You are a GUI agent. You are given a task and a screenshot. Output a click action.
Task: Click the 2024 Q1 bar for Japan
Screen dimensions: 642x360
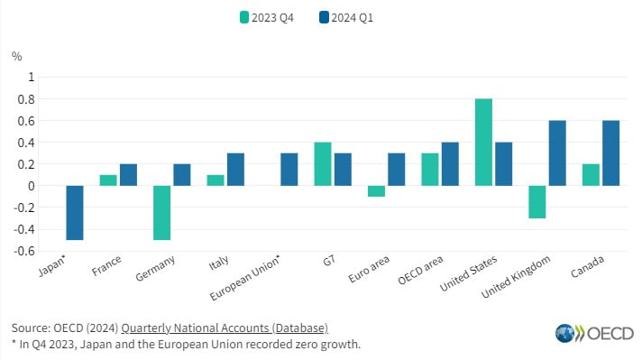[75, 213]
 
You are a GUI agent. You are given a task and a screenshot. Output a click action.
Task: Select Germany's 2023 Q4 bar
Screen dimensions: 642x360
[161, 213]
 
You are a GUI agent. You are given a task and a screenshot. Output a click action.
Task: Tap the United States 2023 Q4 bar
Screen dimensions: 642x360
[483, 143]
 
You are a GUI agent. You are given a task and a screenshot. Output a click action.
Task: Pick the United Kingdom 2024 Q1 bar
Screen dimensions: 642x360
[557, 153]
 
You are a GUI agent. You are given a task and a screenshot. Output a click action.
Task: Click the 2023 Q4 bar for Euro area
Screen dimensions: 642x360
[376, 191]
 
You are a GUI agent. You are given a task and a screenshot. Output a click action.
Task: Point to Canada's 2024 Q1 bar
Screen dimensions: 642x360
[610, 153]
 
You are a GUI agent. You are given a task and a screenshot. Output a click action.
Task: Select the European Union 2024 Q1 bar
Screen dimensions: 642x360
[289, 170]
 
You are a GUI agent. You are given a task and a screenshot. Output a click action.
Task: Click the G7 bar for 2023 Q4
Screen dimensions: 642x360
[323, 164]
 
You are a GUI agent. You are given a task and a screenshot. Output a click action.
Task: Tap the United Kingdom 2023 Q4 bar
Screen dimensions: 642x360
[537, 202]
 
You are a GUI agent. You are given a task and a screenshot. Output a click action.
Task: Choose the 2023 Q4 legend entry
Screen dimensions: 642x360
[267, 18]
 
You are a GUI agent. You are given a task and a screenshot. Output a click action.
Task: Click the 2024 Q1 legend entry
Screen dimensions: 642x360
[346, 18]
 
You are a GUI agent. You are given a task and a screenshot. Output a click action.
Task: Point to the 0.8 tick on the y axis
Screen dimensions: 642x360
[26, 99]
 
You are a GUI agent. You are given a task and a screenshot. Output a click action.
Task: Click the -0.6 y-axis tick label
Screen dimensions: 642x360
[24, 251]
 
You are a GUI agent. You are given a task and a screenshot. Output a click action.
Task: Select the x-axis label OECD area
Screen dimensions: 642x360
[420, 271]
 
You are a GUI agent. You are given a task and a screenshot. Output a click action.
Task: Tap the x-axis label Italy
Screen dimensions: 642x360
[218, 263]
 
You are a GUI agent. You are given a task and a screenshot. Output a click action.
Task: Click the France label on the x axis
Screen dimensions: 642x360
[106, 265]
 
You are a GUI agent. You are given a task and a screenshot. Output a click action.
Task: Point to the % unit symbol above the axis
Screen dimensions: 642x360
[17, 57]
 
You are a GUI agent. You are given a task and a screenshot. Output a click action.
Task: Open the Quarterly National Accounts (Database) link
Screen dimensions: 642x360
[225, 328]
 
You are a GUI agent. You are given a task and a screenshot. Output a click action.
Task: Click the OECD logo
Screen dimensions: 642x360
[594, 333]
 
